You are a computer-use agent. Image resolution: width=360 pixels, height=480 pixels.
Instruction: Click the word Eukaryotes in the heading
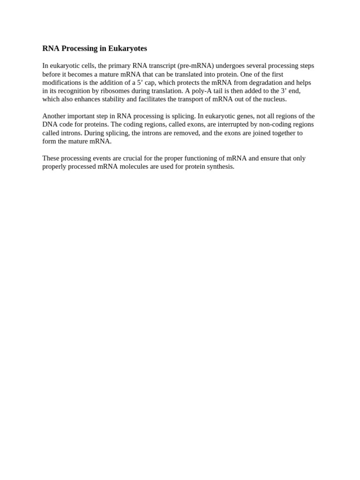pyautogui.click(x=127, y=48)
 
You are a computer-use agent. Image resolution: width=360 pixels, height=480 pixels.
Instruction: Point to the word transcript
pyautogui.click(x=160, y=66)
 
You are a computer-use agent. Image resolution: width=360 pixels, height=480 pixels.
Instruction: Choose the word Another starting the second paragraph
pyautogui.click(x=54, y=116)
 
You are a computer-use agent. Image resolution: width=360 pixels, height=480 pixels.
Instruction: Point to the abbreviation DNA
pyautogui.click(x=50, y=125)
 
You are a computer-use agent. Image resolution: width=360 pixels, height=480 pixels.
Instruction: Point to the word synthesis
pyautogui.click(x=219, y=167)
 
